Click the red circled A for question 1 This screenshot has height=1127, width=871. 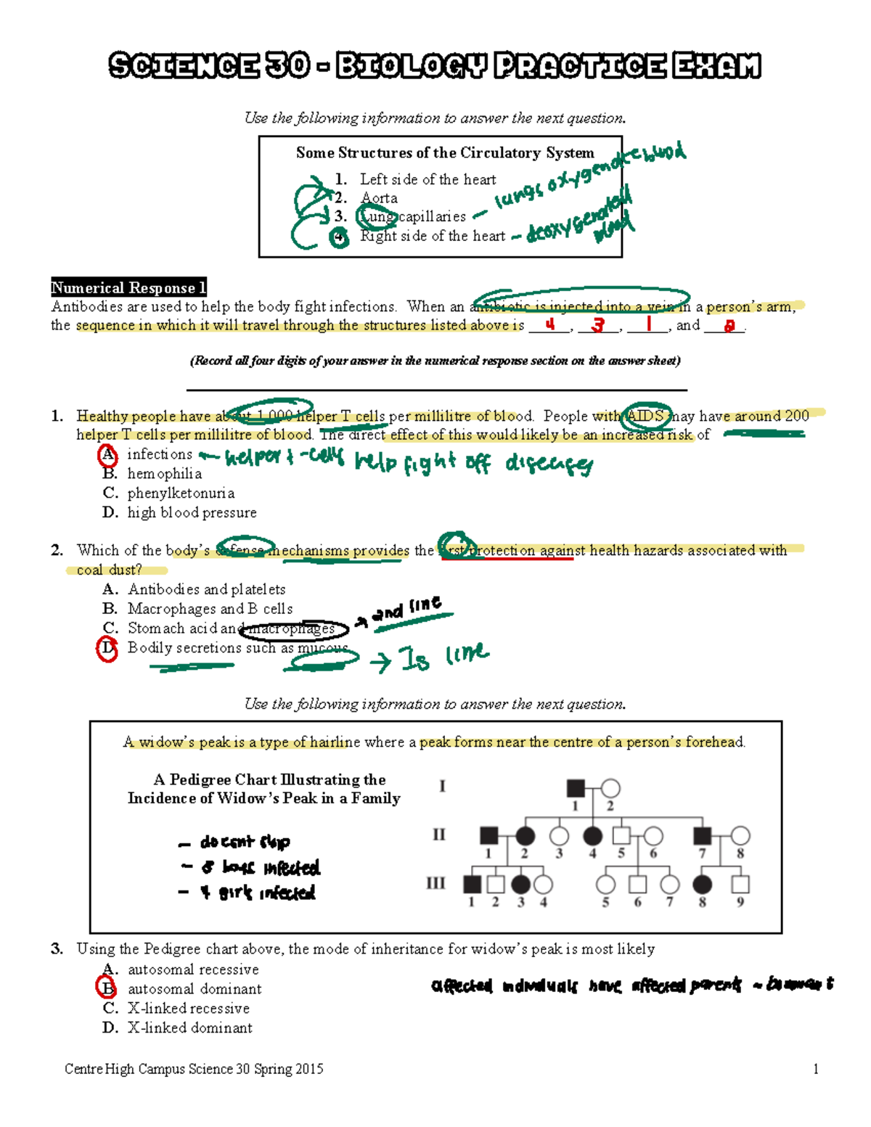pyautogui.click(x=107, y=455)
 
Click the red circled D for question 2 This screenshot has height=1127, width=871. pyautogui.click(x=107, y=648)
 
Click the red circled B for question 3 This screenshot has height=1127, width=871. pyautogui.click(x=107, y=988)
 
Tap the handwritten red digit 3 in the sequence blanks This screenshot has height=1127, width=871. pyautogui.click(x=597, y=325)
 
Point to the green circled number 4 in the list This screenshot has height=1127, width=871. pyautogui.click(x=339, y=237)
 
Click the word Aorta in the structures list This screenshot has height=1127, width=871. pyautogui.click(x=379, y=198)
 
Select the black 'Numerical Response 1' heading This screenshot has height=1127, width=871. pyautogui.click(x=128, y=287)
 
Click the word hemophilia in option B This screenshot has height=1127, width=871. pyautogui.click(x=165, y=474)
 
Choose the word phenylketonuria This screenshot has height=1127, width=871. pyautogui.click(x=181, y=493)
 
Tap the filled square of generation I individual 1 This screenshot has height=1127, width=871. pyautogui.click(x=575, y=788)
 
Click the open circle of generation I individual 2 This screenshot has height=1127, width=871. pyautogui.click(x=610, y=788)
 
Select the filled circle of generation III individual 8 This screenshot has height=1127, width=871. pyautogui.click(x=702, y=884)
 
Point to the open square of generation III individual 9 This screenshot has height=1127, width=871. pyautogui.click(x=740, y=884)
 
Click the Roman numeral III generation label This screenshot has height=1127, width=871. pyautogui.click(x=435, y=883)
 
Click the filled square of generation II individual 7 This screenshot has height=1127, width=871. pyautogui.click(x=702, y=835)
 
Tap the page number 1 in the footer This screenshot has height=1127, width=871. pyautogui.click(x=816, y=1069)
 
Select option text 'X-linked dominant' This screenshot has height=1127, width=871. pyautogui.click(x=190, y=1028)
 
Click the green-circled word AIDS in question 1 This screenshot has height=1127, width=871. pyautogui.click(x=645, y=416)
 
